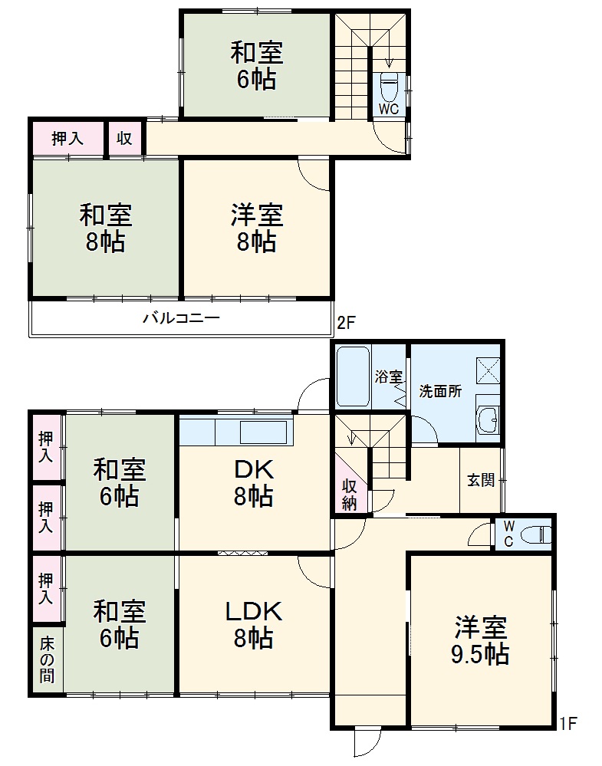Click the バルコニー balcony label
[181, 318]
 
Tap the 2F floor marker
[346, 323]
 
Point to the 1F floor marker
[567, 724]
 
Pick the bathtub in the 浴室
[352, 376]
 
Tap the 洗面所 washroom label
[440, 391]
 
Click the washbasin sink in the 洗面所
[488, 419]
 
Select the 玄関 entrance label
[482, 480]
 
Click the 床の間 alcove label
[48, 659]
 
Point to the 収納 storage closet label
[350, 495]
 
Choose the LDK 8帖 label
[254, 624]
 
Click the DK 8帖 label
[254, 482]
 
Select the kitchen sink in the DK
[263, 432]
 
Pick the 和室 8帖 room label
[106, 228]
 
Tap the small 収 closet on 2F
[124, 138]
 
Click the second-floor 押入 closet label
[67, 139]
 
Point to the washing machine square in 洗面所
[488, 370]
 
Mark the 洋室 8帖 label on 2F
[257, 228]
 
